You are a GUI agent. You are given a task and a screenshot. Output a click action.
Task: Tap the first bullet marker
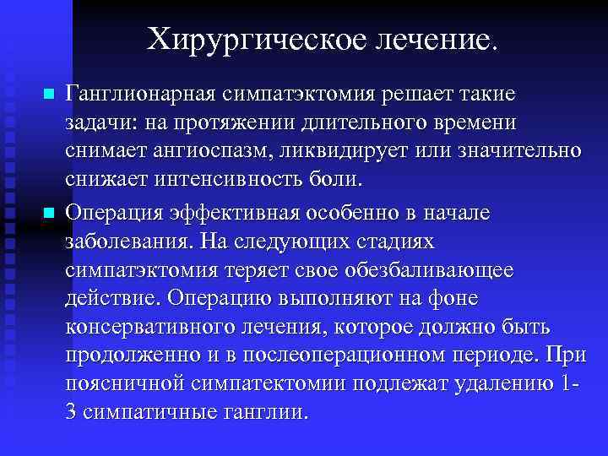pyautogui.click(x=49, y=92)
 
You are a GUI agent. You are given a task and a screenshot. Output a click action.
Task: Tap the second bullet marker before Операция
pyautogui.click(x=49, y=212)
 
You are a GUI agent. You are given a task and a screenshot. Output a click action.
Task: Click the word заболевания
pyautogui.click(x=130, y=242)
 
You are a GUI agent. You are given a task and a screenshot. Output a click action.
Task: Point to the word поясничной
pyautogui.click(x=123, y=385)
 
